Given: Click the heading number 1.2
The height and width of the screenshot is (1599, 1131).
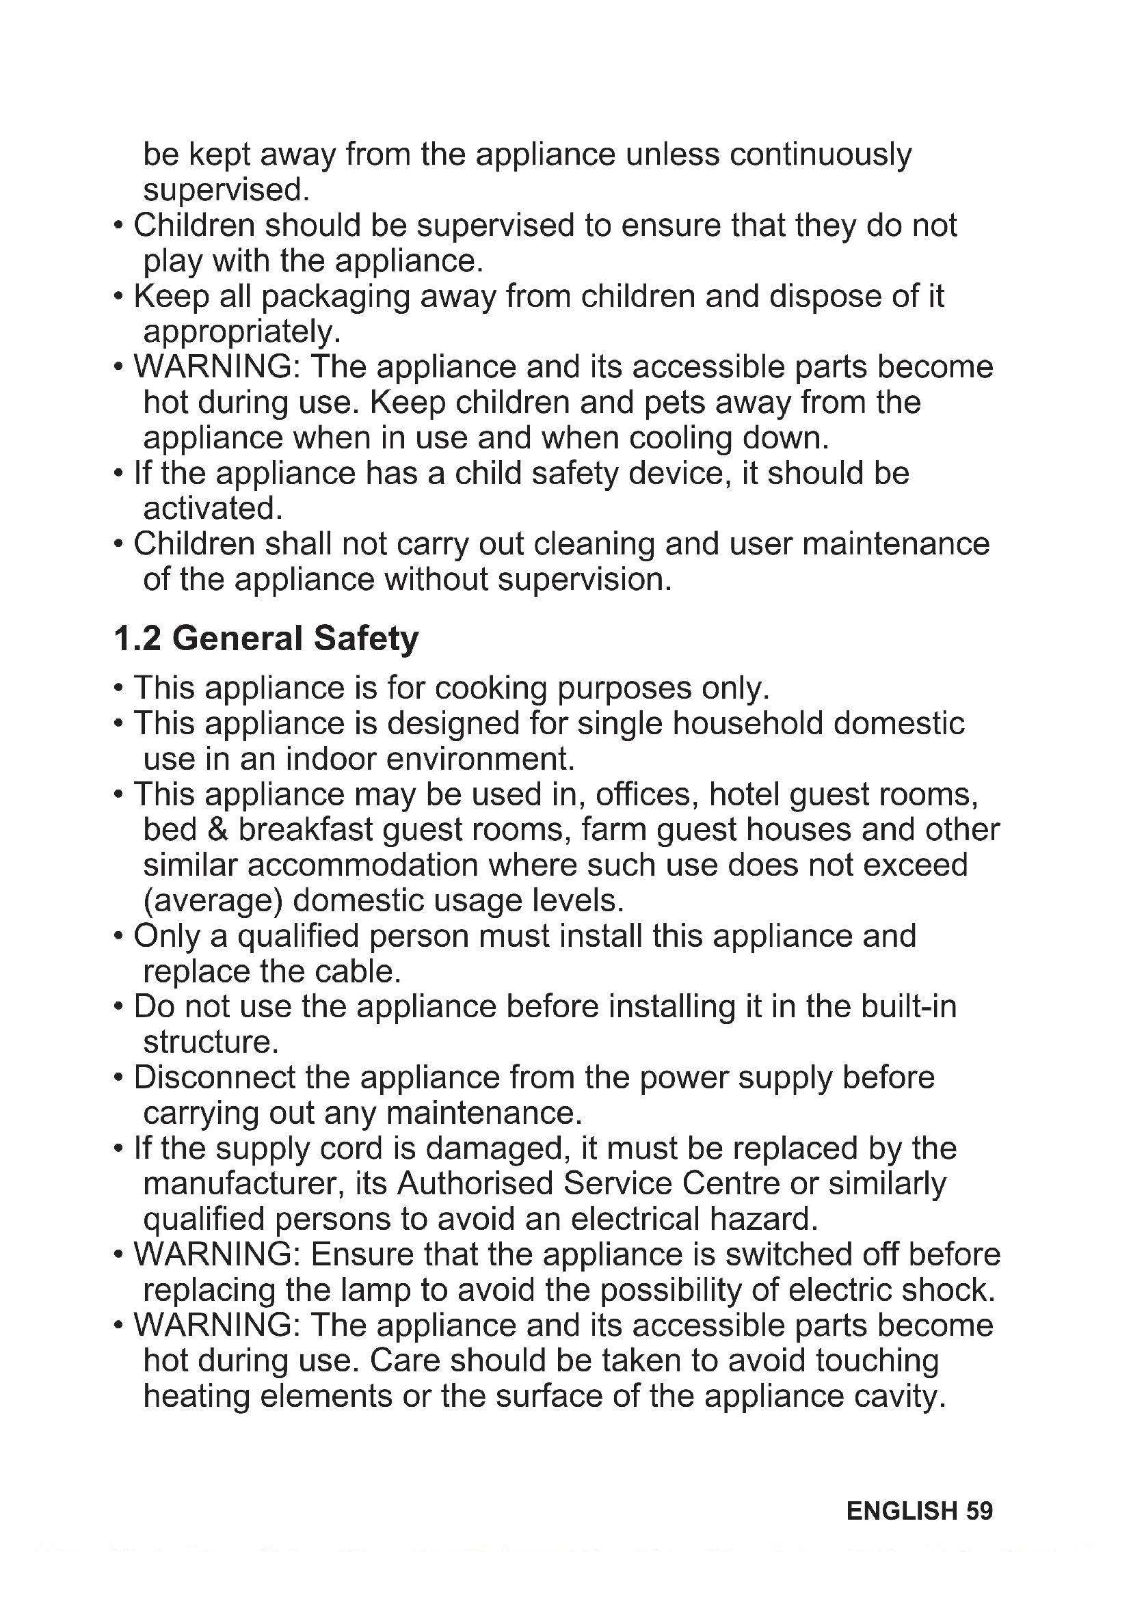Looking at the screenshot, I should pos(137,639).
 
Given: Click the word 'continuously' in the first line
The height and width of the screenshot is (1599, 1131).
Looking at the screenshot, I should pos(820,154).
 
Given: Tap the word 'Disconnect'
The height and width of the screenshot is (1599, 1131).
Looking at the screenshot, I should pos(215,1077).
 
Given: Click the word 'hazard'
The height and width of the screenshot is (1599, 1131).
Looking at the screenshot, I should pos(762,1219).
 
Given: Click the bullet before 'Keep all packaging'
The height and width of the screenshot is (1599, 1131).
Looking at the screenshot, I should pos(119,297).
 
